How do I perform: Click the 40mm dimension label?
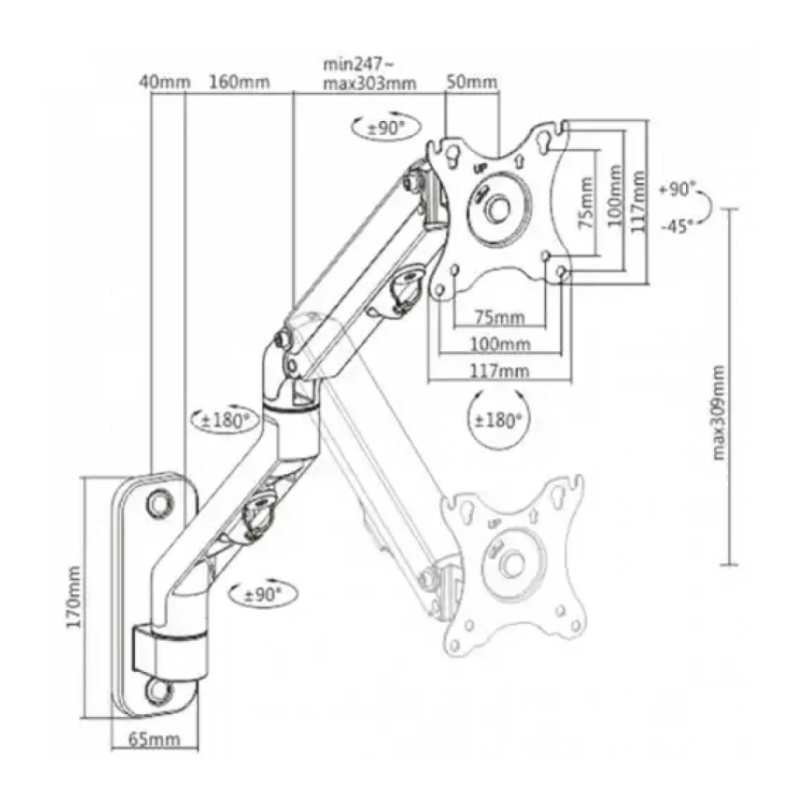[165, 82]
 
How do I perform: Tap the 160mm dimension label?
[238, 82]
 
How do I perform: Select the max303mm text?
[370, 84]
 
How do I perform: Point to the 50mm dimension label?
[471, 82]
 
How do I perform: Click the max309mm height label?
[719, 413]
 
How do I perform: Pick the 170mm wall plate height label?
[73, 597]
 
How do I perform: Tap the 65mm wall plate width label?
[155, 739]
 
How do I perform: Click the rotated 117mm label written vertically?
[638, 202]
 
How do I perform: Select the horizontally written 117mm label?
[499, 371]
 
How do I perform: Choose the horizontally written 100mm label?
[500, 343]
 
